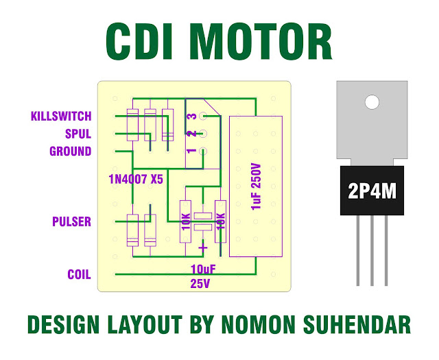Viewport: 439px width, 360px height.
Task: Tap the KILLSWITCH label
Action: [x=61, y=117]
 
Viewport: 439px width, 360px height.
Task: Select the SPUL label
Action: [x=78, y=134]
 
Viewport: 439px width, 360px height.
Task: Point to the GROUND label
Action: [x=70, y=151]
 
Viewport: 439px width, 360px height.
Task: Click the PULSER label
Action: [x=71, y=222]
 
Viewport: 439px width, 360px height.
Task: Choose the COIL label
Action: [x=79, y=274]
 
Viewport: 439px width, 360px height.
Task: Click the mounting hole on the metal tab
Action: [x=371, y=103]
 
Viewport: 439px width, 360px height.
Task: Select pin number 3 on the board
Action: [x=193, y=117]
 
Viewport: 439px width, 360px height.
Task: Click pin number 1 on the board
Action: [x=193, y=151]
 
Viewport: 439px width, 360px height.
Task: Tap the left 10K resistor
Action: [x=185, y=221]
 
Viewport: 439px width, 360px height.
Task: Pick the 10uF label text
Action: [x=204, y=268]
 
